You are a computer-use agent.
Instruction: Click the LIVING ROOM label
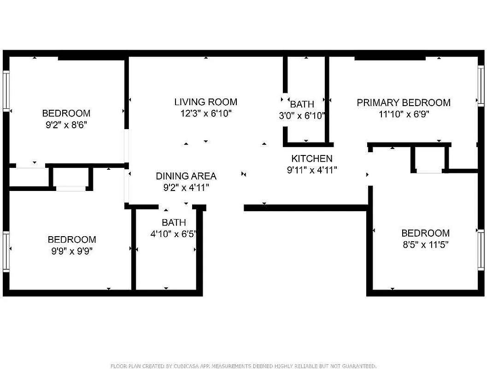(x=205, y=102)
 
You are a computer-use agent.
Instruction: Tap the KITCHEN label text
(x=312, y=159)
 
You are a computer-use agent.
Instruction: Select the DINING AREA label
(x=186, y=176)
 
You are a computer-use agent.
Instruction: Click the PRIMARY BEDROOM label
(x=404, y=102)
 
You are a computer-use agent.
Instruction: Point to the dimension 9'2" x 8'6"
(x=66, y=125)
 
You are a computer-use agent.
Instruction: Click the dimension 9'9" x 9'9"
(x=72, y=251)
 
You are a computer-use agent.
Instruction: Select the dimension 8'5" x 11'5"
(x=425, y=244)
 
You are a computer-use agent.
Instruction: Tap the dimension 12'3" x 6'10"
(x=205, y=113)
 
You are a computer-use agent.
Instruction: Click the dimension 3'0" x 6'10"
(x=302, y=116)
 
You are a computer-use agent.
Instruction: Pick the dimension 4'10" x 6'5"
(x=174, y=234)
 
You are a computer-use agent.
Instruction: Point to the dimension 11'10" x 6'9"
(x=404, y=114)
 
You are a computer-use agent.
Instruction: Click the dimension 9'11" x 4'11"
(x=312, y=170)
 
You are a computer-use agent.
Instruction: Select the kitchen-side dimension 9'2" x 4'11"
(x=186, y=187)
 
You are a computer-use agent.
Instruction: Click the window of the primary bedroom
(x=480, y=86)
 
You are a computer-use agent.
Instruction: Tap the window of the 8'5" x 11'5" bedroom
(x=480, y=250)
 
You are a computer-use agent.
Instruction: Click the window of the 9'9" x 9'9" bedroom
(x=6, y=251)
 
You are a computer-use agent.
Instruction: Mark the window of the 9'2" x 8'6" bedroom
(x=6, y=90)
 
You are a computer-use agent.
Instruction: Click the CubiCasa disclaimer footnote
(x=243, y=366)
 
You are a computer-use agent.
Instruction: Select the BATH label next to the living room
(x=302, y=104)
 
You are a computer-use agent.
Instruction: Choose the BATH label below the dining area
(x=174, y=222)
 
